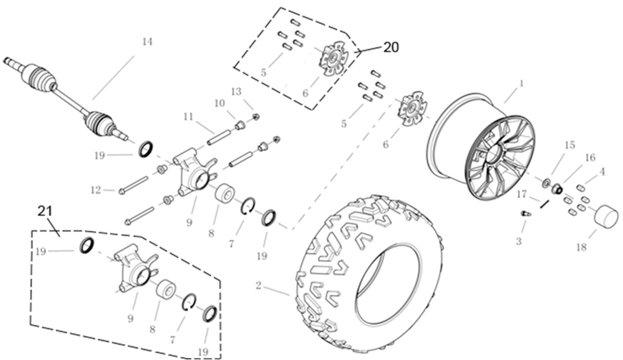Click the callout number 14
click(x=147, y=42)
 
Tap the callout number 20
click(x=391, y=47)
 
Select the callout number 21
click(x=45, y=212)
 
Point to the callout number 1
click(x=522, y=83)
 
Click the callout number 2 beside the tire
click(x=259, y=286)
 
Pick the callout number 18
click(x=581, y=247)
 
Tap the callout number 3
click(x=519, y=241)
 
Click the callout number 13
click(x=236, y=92)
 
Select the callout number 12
click(x=96, y=190)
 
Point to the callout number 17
click(x=522, y=194)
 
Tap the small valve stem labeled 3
click(x=526, y=214)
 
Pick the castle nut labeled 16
click(x=557, y=189)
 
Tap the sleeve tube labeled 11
click(x=219, y=137)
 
